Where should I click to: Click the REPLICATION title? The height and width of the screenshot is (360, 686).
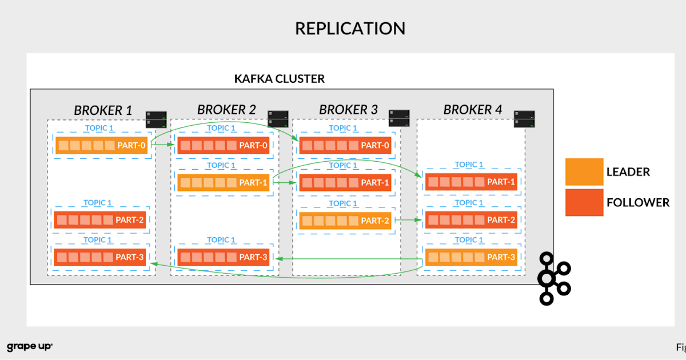click(x=350, y=28)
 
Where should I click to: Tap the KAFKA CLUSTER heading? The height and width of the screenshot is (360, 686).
click(x=280, y=79)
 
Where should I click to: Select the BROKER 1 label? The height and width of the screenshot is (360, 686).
click(x=103, y=110)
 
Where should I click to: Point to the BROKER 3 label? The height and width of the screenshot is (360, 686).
click(x=348, y=110)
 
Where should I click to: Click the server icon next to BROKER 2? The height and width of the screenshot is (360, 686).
click(x=278, y=119)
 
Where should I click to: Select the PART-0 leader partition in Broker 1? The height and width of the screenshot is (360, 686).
click(x=101, y=145)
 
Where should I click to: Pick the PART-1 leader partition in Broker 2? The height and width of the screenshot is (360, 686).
click(x=225, y=183)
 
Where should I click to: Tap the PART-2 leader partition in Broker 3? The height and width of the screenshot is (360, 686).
click(x=345, y=221)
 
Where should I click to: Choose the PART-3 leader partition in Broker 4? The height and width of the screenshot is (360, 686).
click(x=471, y=257)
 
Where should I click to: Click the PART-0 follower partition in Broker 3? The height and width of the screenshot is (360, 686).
click(x=345, y=145)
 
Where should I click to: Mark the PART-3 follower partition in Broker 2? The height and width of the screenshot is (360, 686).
click(x=223, y=257)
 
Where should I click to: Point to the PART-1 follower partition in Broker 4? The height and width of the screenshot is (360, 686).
click(x=471, y=182)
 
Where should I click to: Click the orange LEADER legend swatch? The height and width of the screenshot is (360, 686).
click(x=584, y=172)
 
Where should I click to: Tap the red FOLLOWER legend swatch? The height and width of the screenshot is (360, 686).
click(x=584, y=202)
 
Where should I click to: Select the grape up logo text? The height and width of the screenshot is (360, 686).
click(x=30, y=347)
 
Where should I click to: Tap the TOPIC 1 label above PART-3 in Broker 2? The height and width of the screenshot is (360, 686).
click(x=221, y=240)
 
